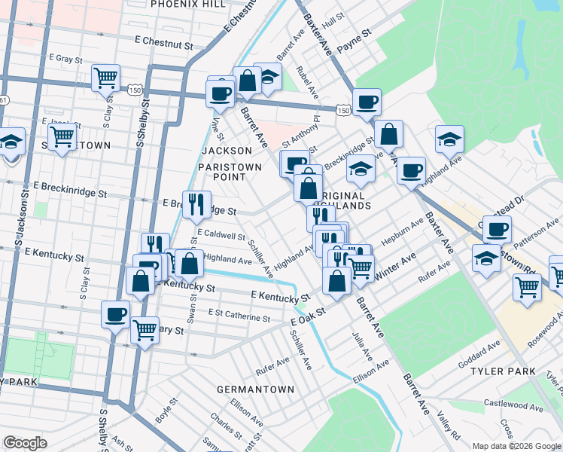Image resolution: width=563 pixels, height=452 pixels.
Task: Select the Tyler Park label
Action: point(503,371)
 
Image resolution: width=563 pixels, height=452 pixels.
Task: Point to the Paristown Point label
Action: point(230,172)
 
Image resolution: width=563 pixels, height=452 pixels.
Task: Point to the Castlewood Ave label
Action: point(515,405)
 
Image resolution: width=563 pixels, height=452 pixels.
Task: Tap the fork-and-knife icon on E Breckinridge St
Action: point(196,202)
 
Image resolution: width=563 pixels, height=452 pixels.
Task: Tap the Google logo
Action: point(26,443)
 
